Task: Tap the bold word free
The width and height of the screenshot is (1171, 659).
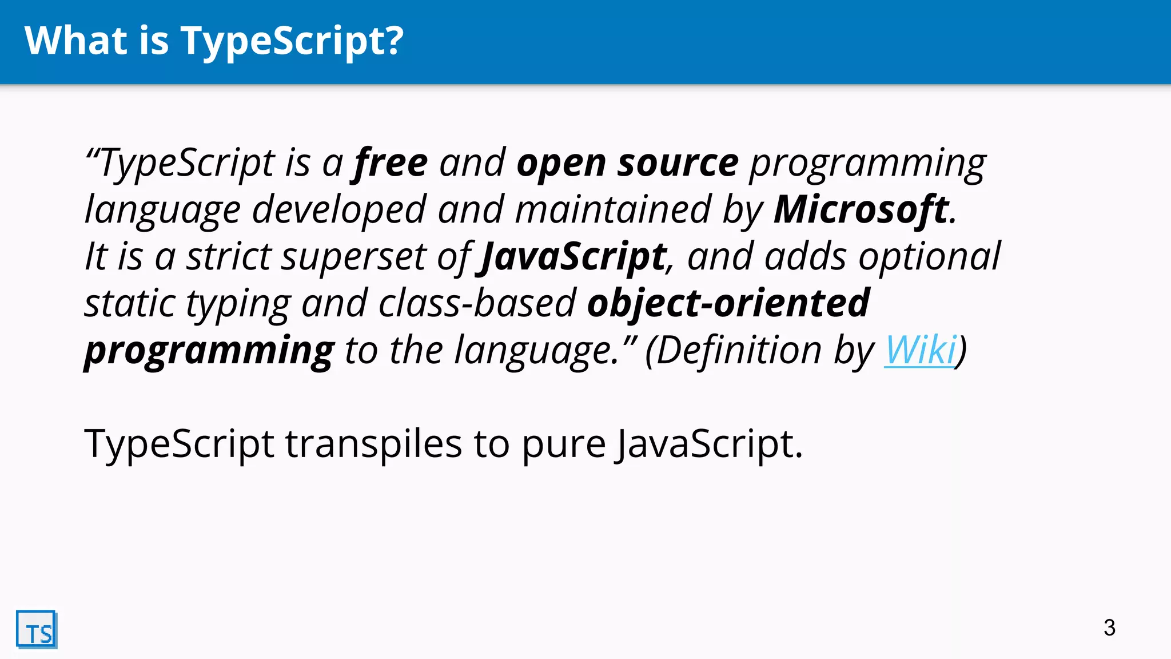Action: pos(391,163)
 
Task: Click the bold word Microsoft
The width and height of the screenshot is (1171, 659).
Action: pos(861,209)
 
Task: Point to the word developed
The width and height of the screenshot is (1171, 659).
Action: pos(339,211)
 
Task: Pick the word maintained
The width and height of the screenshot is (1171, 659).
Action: pos(612,209)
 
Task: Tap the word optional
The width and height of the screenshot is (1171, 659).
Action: pos(929,257)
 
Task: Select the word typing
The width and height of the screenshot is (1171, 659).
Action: pos(238,304)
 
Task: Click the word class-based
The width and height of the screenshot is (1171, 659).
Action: pos(477,303)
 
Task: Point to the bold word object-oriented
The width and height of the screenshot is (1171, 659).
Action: pos(728,303)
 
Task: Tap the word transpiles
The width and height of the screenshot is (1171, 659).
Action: pos(373,444)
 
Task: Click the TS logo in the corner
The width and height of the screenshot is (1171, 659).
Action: pos(37,630)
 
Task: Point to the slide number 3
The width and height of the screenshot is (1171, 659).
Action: pos(1109,628)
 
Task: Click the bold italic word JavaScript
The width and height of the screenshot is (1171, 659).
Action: pos(573,257)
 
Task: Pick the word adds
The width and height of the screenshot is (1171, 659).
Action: pos(805,256)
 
